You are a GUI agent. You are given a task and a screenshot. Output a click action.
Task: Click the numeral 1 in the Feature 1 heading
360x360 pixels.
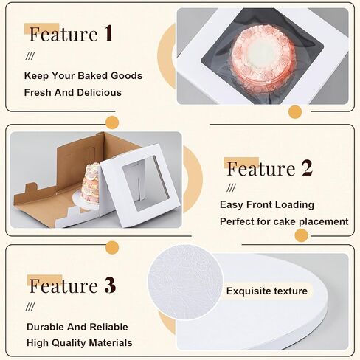pyautogui.click(x=108, y=33)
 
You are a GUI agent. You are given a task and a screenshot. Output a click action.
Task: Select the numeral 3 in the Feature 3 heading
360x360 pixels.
pyautogui.click(x=110, y=285)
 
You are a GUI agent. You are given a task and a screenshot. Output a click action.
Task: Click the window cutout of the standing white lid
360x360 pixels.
pyautogui.click(x=146, y=183)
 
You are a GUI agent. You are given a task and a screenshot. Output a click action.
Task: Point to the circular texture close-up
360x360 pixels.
pyautogui.click(x=185, y=283)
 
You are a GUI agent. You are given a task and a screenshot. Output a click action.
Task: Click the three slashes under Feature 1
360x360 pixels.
pyautogui.click(x=30, y=56)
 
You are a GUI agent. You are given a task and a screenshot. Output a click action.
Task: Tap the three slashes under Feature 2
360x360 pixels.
pyautogui.click(x=232, y=188)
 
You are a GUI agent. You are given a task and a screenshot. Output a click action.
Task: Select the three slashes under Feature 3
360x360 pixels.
pyautogui.click(x=30, y=307)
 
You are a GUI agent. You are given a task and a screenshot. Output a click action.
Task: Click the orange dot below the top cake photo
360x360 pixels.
pyautogui.click(x=295, y=112)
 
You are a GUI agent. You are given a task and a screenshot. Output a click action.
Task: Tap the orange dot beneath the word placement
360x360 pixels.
pyautogui.click(x=302, y=235)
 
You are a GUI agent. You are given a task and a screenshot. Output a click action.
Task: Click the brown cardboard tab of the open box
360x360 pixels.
pyautogui.click(x=31, y=188)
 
